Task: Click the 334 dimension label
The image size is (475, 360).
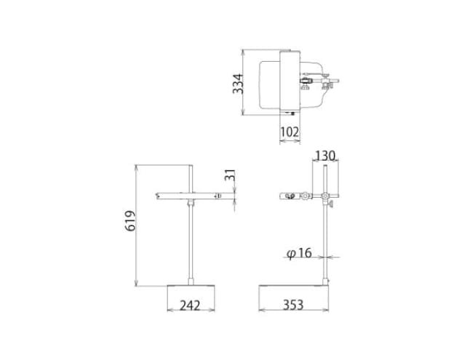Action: click(x=238, y=84)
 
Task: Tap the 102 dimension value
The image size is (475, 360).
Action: click(x=290, y=132)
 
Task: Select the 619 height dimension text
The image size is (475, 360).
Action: click(x=130, y=220)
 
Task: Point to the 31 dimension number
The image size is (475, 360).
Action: click(x=230, y=175)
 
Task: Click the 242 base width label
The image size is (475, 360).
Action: click(x=191, y=305)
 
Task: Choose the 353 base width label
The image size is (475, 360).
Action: click(x=293, y=305)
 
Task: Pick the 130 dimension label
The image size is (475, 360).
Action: click(x=325, y=156)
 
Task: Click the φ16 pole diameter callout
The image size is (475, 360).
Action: click(x=299, y=253)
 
